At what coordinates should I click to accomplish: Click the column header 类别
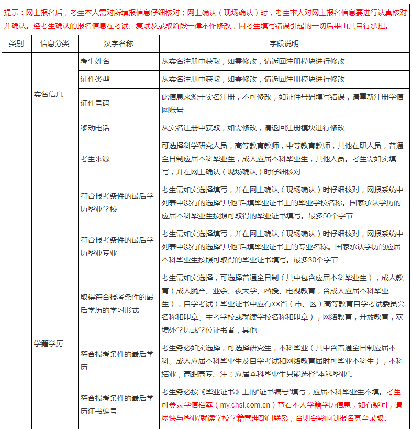pyautogui.click(x=16, y=44)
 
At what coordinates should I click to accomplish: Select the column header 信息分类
pyautogui.click(x=54, y=44)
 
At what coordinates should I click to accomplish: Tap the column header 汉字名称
pyautogui.click(x=118, y=44)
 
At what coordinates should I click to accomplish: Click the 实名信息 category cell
pyautogui.click(x=49, y=95)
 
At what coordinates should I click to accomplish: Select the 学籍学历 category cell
pyautogui.click(x=49, y=344)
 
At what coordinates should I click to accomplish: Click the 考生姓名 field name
pyautogui.click(x=95, y=61)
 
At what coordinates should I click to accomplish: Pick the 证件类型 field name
pyautogui.click(x=95, y=79)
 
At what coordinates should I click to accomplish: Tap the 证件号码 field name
pyautogui.click(x=95, y=104)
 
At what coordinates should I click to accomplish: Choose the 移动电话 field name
pyautogui.click(x=95, y=128)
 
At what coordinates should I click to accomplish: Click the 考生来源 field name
pyautogui.click(x=95, y=159)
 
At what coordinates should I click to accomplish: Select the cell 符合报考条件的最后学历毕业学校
pyautogui.click(x=117, y=203)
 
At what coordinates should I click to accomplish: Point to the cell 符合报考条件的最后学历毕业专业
pyautogui.click(x=117, y=247)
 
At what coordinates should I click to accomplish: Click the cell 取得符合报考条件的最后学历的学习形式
pyautogui.click(x=117, y=303)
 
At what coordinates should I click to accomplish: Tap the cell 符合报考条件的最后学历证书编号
pyautogui.click(x=117, y=405)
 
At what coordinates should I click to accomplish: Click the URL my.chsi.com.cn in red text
pyautogui.click(x=246, y=405)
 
